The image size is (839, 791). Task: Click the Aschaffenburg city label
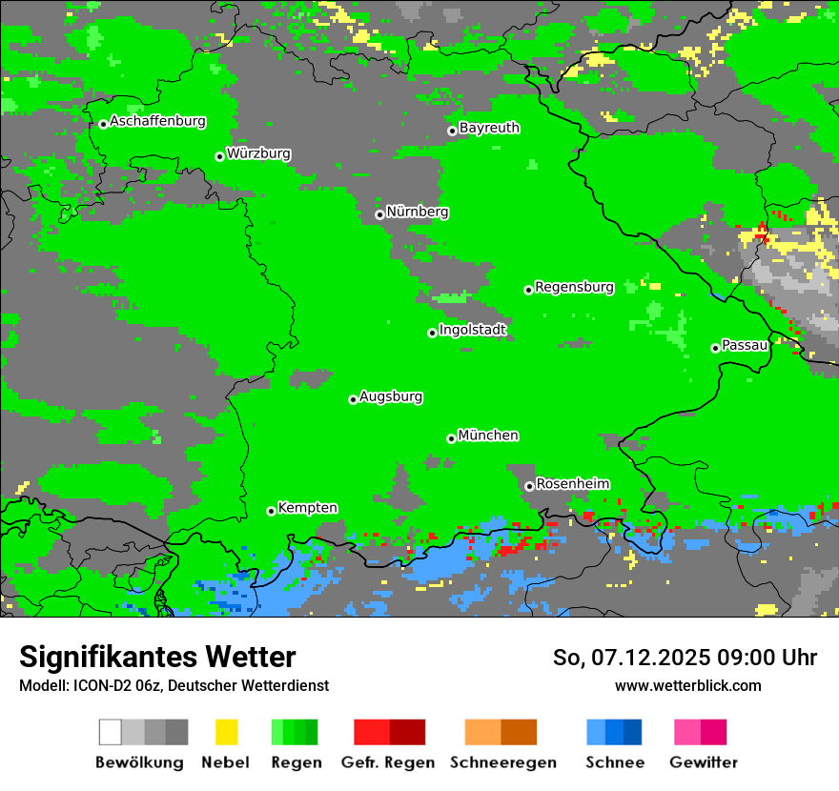157,122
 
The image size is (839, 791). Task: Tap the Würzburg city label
258,153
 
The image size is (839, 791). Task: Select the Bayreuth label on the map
489,128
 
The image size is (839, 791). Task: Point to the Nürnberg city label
418,212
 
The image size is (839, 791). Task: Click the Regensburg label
574,287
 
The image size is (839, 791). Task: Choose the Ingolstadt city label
473,330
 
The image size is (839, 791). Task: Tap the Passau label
745,345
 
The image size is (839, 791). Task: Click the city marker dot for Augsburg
353,399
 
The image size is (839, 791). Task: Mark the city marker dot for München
451,438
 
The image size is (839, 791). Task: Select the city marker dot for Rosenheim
529,486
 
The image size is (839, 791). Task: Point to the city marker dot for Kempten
271,511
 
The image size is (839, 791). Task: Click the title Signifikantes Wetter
157,658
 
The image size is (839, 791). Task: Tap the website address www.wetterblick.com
687,686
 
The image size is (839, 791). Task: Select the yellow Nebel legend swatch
226,732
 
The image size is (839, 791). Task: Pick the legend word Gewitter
704,762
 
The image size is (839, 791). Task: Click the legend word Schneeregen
503,762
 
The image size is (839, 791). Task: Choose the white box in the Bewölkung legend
110,732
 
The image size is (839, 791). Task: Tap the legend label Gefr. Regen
388,762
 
